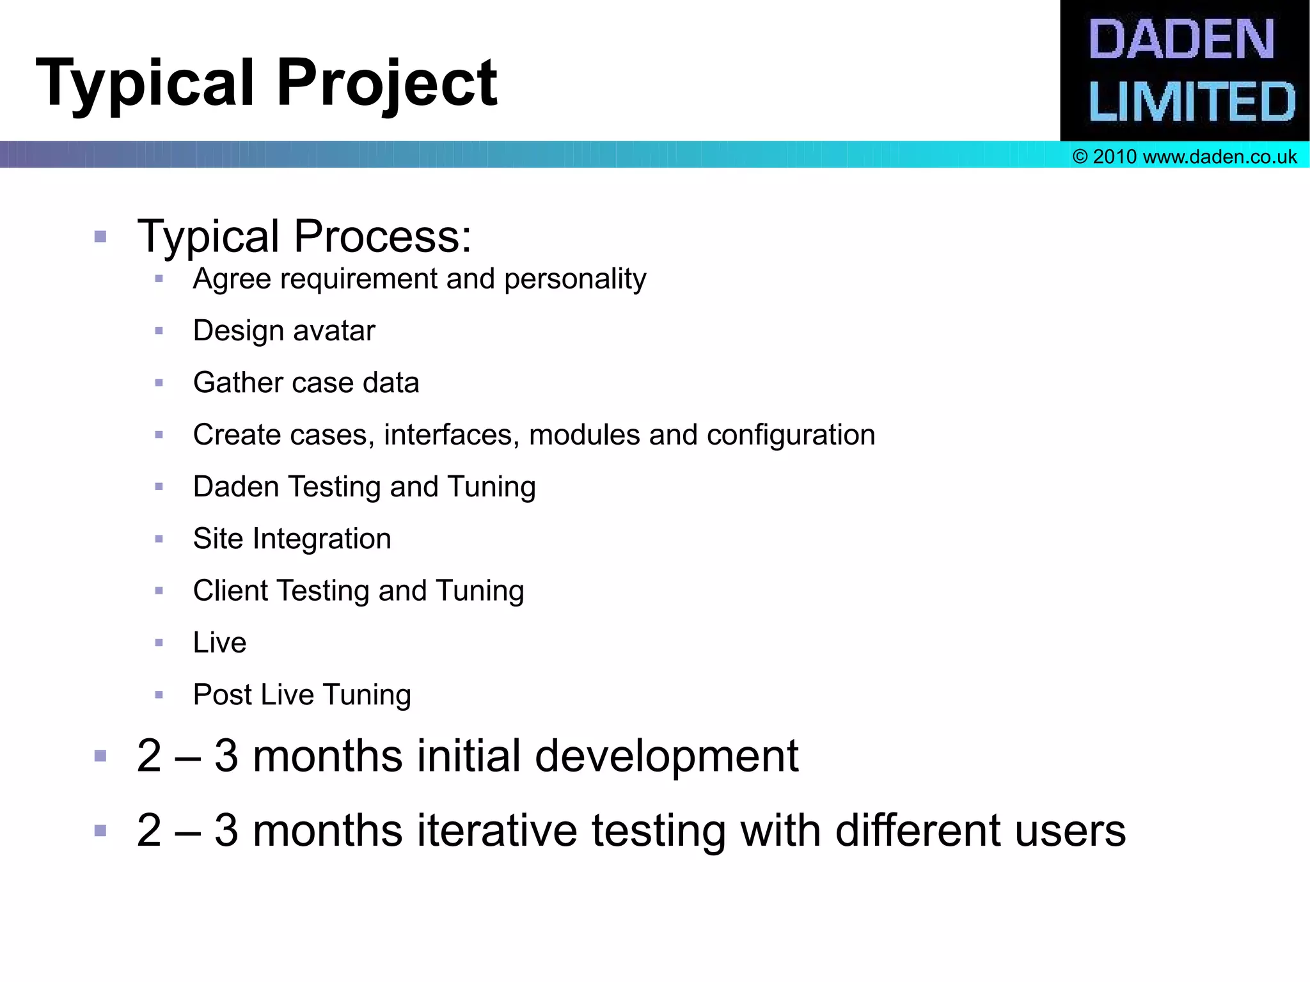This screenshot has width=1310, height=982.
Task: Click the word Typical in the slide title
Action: tap(145, 83)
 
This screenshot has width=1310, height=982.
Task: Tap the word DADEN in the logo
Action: tap(1181, 40)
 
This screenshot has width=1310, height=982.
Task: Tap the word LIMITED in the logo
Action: tap(1191, 102)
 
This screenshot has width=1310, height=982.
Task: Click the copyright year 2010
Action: tap(1114, 157)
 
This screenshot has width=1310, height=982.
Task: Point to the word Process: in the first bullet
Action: tap(383, 236)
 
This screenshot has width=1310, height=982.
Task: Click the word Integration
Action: tap(322, 539)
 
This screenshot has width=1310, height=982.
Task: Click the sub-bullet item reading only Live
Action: tap(219, 642)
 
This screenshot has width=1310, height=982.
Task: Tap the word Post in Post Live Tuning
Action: tap(222, 695)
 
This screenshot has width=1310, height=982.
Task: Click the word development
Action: tap(666, 757)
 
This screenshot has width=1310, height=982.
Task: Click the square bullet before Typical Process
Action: tap(100, 237)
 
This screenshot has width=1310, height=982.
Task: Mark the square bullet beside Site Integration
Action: tap(159, 539)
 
